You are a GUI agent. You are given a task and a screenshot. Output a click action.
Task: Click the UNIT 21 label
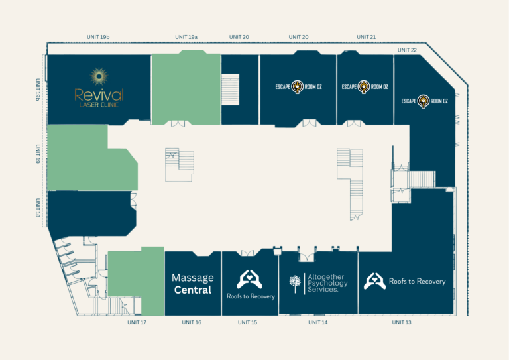coord(366,37)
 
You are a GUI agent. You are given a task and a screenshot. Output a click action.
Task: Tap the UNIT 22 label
coord(407,50)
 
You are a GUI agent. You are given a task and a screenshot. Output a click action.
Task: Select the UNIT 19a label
coord(186,37)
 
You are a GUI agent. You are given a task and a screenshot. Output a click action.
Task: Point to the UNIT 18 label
coord(38,208)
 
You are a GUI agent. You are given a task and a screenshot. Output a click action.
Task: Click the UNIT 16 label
coord(192,322)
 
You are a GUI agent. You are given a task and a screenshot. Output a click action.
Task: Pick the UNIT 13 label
coord(402,322)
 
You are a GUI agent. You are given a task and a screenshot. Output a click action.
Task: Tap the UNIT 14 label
coord(318,322)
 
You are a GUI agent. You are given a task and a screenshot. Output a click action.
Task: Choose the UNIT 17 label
coord(137,322)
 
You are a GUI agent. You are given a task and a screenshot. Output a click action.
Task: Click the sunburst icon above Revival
coord(99,77)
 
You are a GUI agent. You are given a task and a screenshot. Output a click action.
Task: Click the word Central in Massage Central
coord(193,290)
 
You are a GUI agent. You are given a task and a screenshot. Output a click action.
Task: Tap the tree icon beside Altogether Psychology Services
coord(295,284)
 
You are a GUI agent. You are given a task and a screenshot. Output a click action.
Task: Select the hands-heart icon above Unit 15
coord(249,279)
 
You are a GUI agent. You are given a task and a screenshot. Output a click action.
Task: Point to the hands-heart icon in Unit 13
coord(374,281)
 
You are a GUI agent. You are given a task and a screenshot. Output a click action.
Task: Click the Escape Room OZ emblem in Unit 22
coord(424,101)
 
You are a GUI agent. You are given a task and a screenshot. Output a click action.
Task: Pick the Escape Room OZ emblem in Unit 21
coord(364,87)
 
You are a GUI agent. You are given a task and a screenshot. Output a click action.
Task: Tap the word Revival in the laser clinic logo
coord(99,95)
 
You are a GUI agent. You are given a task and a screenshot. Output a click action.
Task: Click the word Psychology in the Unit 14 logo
coord(327,283)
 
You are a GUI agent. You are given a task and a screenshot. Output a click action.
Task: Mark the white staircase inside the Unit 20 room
coord(230,90)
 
